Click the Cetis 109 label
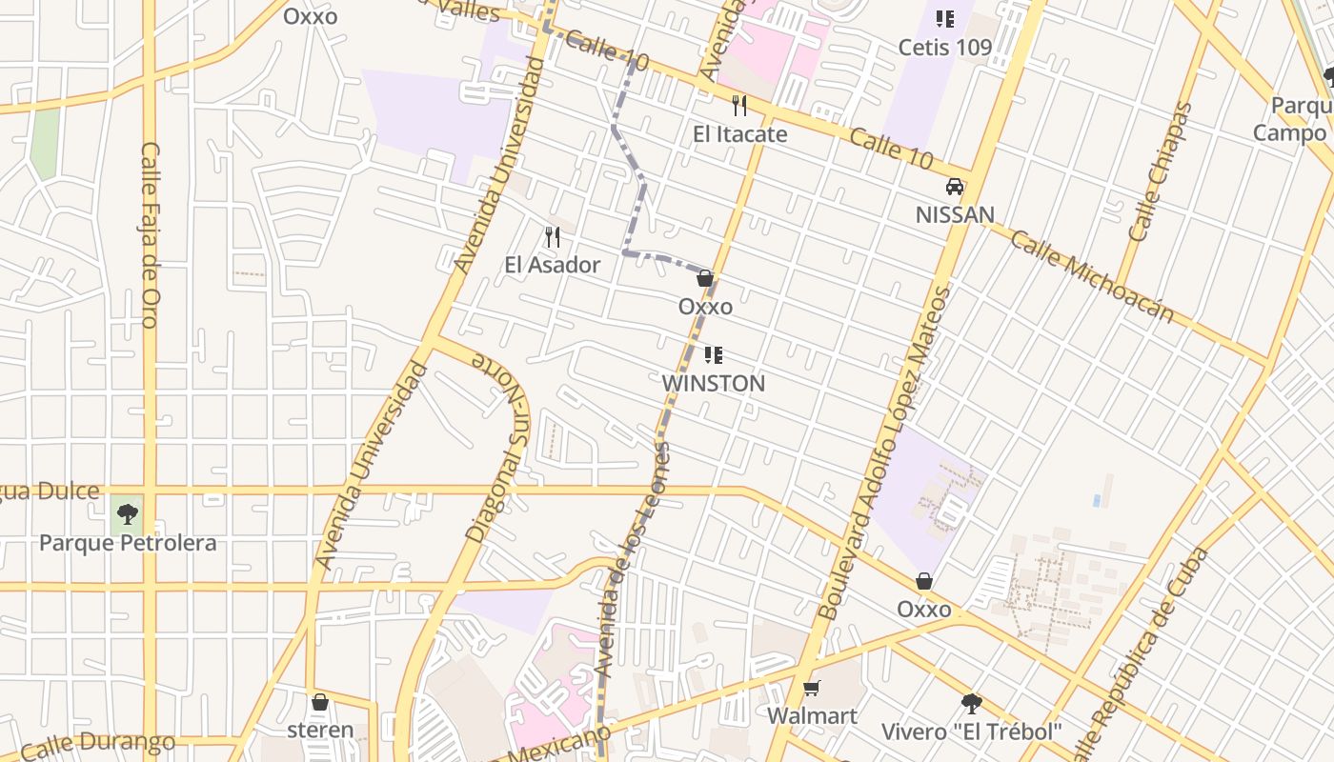pos(945,47)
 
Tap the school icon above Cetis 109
pos(945,18)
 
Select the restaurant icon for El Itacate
pos(739,105)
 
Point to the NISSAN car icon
pos(955,187)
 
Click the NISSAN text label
pos(955,215)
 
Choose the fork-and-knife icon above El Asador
pos(553,236)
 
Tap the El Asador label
pos(553,265)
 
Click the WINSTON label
pos(714,384)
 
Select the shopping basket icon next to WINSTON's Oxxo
pos(705,278)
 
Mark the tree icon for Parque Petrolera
pos(127,515)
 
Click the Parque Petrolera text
pos(128,543)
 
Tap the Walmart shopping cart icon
pos(812,688)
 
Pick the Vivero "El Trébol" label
pos(971,732)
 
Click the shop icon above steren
pos(320,702)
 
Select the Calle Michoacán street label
pos(1092,276)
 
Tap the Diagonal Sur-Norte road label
pos(496,450)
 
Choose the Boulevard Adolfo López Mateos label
pos(887,452)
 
